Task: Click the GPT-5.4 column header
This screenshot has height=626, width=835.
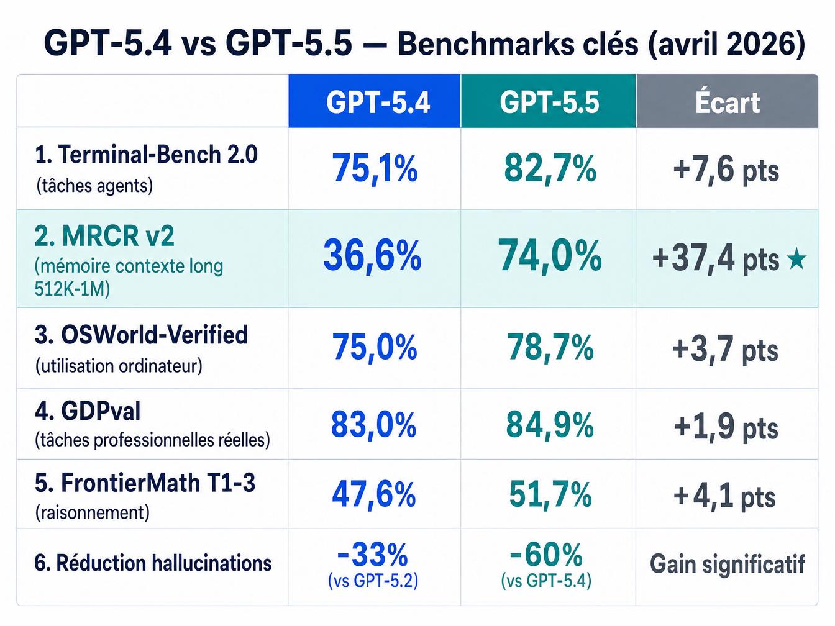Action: coord(378,102)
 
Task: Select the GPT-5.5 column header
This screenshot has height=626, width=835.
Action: coord(549,102)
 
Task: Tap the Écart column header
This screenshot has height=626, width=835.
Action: coord(727,102)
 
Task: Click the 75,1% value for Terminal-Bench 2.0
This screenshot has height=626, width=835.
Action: coord(375,168)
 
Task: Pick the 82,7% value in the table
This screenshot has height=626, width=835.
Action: coord(550,168)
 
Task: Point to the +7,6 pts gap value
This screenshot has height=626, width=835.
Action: coord(726,170)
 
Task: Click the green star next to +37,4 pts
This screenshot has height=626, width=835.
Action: coord(796,259)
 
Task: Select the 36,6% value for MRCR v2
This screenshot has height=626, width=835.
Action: coord(372,255)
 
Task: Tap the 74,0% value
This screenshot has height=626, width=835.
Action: coord(550,255)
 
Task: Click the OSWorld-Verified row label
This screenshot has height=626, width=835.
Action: coord(142,335)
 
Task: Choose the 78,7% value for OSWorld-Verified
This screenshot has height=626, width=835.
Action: coord(550,347)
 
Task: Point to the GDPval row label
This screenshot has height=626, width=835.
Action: coord(88,411)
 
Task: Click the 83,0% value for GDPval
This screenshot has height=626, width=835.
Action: coord(373,425)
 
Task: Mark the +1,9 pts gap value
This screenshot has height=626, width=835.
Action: coord(726,427)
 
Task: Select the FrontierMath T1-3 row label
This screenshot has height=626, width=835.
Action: coord(145,483)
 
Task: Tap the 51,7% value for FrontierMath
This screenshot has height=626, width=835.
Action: coord(550,495)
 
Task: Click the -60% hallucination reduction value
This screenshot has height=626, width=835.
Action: coord(546,554)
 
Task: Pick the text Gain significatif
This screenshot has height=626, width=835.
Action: coord(727,565)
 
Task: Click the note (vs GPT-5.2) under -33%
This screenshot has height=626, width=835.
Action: coord(373,581)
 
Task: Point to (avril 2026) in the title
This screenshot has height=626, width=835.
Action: coord(726,44)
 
